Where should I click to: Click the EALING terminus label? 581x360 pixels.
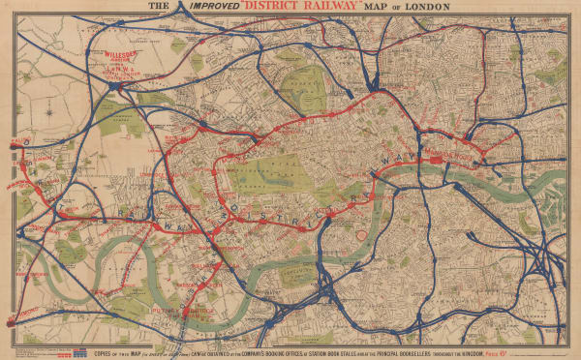[14, 141]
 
